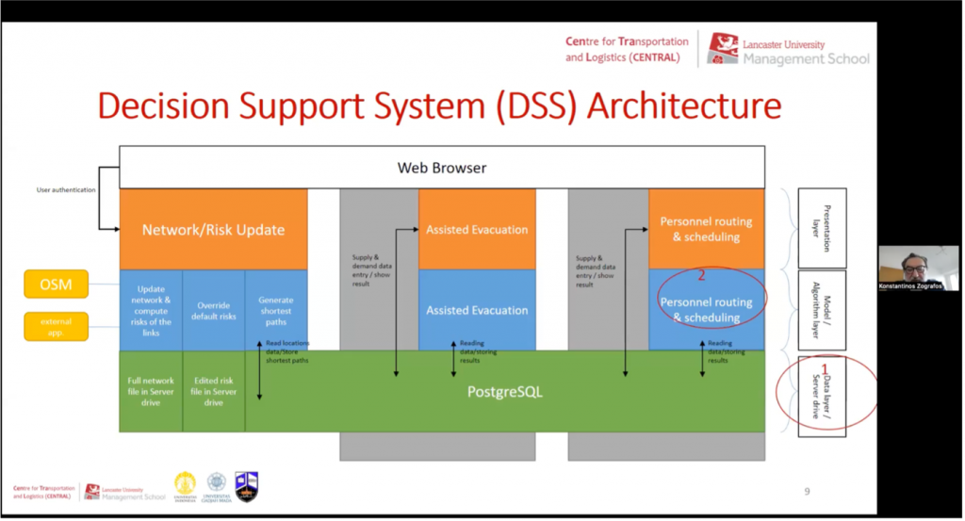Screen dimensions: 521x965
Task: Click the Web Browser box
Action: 441,168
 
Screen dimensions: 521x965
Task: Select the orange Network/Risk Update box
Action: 213,230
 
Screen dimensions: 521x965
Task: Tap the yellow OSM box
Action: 56,283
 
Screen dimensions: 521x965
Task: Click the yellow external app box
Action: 56,325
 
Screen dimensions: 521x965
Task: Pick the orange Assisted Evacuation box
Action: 477,230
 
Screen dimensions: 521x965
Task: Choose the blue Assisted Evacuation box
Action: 477,310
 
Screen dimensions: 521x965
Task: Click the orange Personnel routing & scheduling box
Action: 706,229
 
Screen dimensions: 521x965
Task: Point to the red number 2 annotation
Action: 700,277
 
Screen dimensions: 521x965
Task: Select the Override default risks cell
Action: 213,311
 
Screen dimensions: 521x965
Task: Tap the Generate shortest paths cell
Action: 275,307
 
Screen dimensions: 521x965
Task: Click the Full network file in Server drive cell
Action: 151,391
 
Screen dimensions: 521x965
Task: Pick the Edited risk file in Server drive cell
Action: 213,391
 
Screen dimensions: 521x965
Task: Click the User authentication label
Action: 66,190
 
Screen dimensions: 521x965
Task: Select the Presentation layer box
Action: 822,227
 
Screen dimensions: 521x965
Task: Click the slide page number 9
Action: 807,491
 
